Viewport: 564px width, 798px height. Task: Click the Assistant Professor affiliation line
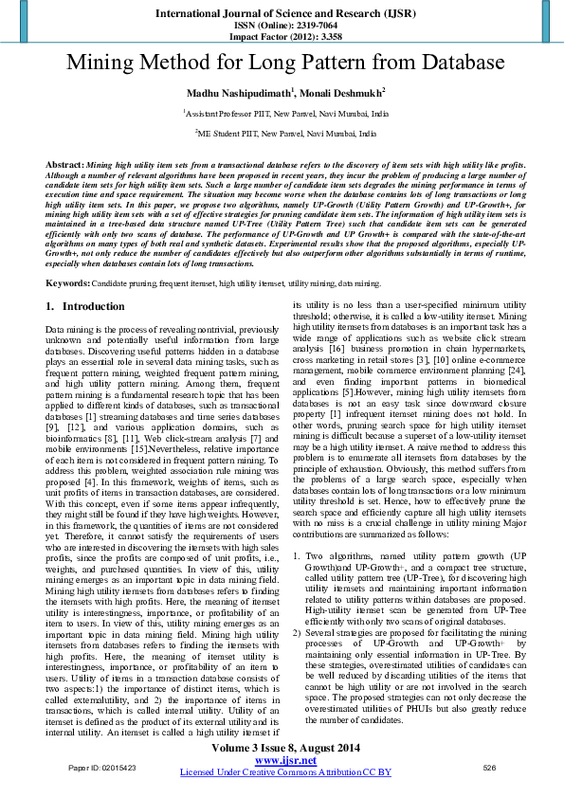(285, 113)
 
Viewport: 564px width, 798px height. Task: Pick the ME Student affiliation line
(285, 135)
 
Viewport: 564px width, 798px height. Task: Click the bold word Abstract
(64, 165)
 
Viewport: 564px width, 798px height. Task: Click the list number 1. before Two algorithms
(296, 554)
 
